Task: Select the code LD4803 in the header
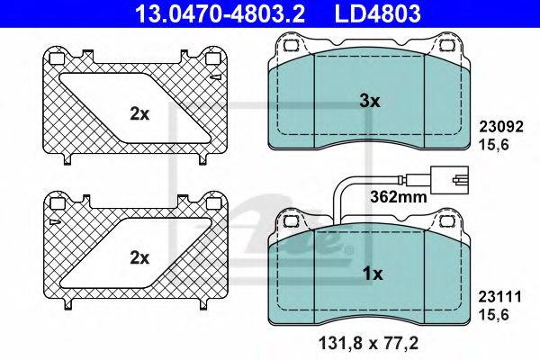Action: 377,13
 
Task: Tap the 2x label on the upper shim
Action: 138,114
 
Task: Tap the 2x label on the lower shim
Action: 138,257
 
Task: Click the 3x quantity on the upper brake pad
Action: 370,103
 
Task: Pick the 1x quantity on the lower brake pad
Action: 370,272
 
